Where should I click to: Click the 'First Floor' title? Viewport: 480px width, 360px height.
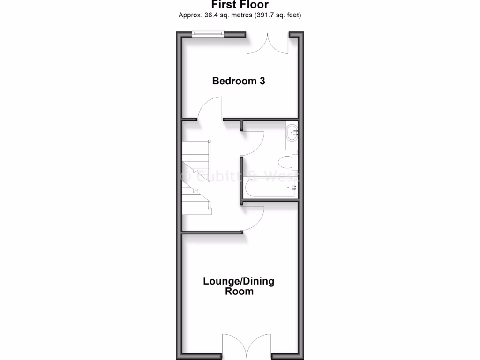pos(240,5)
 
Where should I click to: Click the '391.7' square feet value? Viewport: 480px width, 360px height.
pos(266,15)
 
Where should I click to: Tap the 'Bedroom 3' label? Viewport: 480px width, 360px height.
pos(239,81)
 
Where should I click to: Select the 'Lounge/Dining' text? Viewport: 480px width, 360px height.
pos(239,281)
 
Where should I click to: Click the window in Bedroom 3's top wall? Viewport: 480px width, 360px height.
pos(208,33)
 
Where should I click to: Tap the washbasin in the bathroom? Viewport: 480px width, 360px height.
pos(292,132)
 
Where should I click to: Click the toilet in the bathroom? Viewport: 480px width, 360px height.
pos(286,162)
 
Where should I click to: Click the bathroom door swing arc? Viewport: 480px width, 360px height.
pos(254,143)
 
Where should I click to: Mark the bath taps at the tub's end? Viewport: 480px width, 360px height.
pos(294,187)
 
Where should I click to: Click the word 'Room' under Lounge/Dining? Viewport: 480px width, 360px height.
pos(239,291)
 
